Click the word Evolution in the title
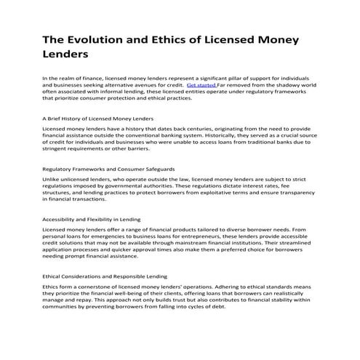(105, 39)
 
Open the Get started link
(201, 84)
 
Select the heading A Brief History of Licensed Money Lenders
(97, 117)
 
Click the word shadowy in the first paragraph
(290, 84)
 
